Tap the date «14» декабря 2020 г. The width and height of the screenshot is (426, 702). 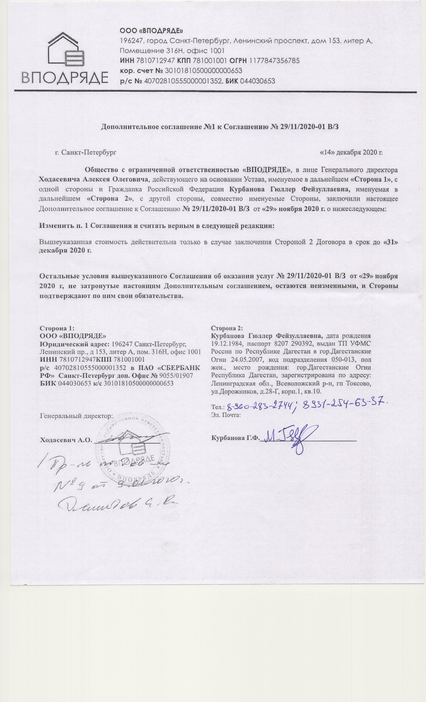tap(351, 152)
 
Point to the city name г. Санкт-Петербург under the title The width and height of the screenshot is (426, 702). tap(86, 152)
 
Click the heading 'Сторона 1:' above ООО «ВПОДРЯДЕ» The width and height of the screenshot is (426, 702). tap(57, 328)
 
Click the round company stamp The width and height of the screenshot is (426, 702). tap(133, 451)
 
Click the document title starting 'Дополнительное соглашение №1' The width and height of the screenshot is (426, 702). tap(220, 127)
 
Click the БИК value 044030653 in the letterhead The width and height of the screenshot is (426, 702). tap(258, 81)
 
